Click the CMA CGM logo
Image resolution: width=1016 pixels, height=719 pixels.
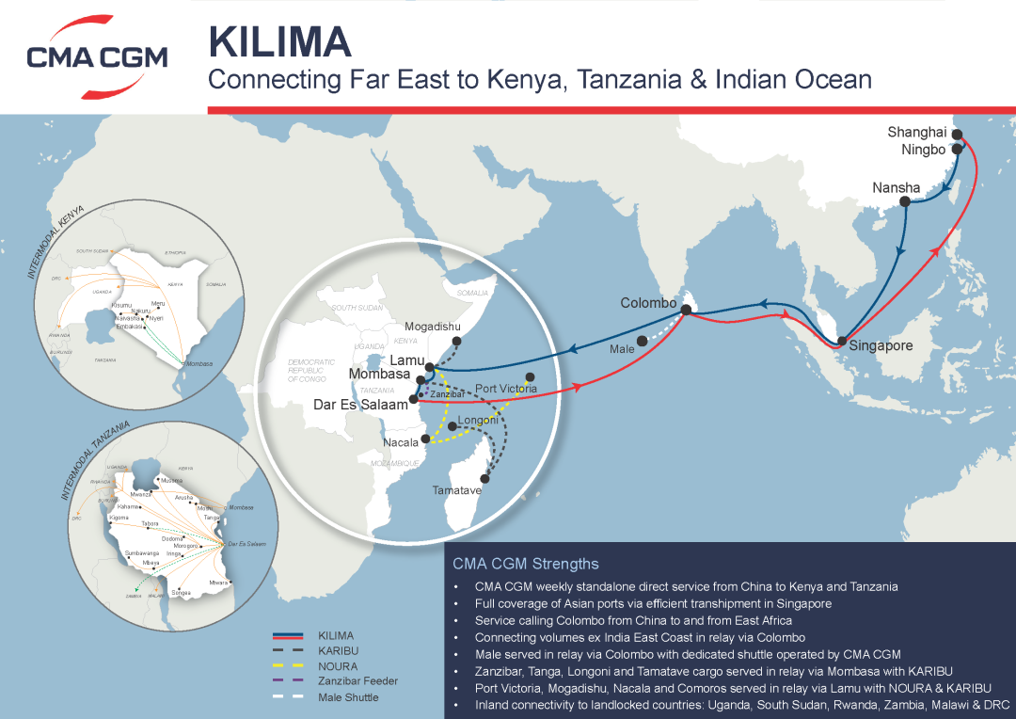97,56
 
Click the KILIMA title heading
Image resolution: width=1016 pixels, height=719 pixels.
280,41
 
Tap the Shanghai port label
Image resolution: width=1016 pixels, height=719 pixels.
916,133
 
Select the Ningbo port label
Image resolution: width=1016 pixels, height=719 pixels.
923,150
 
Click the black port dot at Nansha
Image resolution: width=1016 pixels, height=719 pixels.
904,201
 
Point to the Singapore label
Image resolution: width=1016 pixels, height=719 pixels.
881,345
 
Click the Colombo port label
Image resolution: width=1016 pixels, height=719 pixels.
648,303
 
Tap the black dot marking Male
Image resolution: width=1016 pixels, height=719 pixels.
642,341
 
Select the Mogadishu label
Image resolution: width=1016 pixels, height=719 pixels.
433,327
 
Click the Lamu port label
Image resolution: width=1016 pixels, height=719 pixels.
407,360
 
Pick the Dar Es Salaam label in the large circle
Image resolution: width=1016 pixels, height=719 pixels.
362,405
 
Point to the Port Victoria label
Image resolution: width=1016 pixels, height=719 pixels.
506,389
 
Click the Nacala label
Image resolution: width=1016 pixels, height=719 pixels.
401,442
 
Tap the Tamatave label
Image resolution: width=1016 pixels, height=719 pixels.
457,490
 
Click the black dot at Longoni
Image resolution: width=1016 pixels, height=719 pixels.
452,427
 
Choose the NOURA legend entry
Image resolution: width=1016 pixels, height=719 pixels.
338,665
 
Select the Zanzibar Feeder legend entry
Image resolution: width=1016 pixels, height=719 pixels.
357,681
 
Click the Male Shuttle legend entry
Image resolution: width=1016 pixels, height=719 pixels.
348,697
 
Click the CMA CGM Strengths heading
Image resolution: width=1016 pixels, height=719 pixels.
525,565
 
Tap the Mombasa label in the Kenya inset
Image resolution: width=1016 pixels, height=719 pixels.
199,364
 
